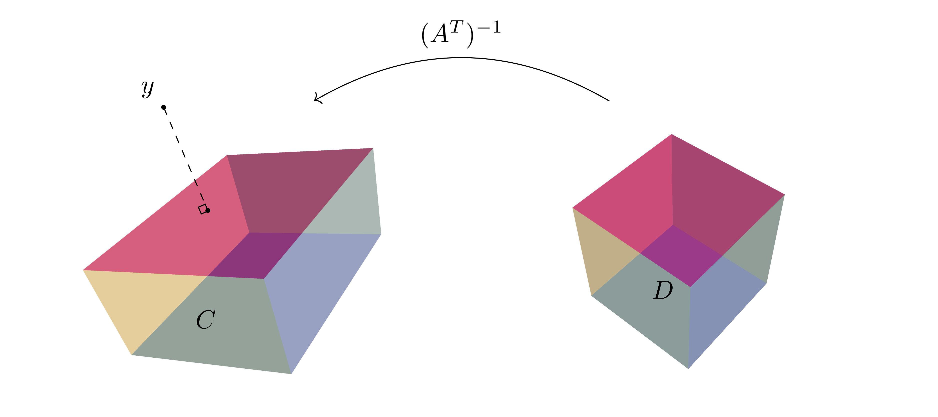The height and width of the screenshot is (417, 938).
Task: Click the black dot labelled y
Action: click(x=164, y=107)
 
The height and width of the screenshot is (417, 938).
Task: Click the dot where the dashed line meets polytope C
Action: click(x=208, y=210)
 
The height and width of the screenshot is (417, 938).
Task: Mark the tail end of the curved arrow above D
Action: click(x=609, y=101)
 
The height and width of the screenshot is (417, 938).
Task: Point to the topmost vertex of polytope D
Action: click(x=671, y=134)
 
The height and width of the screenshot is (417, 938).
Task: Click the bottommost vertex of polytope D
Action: click(x=688, y=368)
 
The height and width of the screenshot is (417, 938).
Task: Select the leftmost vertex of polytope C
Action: click(x=83, y=270)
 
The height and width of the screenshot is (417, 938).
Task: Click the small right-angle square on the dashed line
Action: click(x=202, y=209)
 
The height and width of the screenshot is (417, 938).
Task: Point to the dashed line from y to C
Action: click(x=186, y=158)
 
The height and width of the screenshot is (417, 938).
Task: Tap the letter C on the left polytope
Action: click(x=206, y=320)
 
